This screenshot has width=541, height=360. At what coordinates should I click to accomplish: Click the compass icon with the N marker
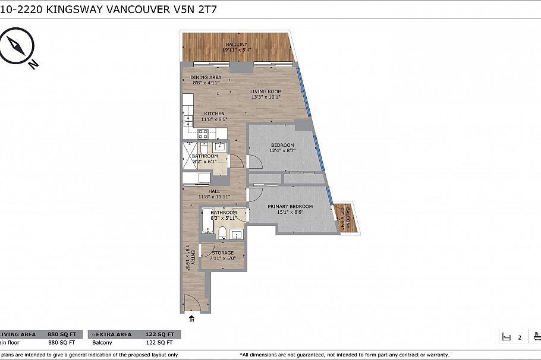(x=18, y=48)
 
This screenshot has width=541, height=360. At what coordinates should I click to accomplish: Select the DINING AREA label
(x=206, y=77)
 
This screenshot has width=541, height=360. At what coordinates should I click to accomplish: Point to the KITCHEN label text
(x=214, y=113)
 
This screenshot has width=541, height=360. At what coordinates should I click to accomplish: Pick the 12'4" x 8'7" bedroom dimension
(x=282, y=151)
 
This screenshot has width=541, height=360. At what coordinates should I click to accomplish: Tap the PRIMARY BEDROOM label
(x=290, y=207)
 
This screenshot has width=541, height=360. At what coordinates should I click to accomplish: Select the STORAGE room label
(x=223, y=253)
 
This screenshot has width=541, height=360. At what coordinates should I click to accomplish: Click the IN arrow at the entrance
(x=191, y=319)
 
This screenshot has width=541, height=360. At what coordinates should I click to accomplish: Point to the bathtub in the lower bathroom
(x=207, y=222)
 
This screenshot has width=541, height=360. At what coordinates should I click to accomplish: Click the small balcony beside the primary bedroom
(x=344, y=218)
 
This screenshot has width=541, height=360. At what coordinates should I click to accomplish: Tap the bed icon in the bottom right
(x=507, y=337)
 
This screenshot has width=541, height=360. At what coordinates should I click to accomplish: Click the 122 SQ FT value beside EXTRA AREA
(x=161, y=334)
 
